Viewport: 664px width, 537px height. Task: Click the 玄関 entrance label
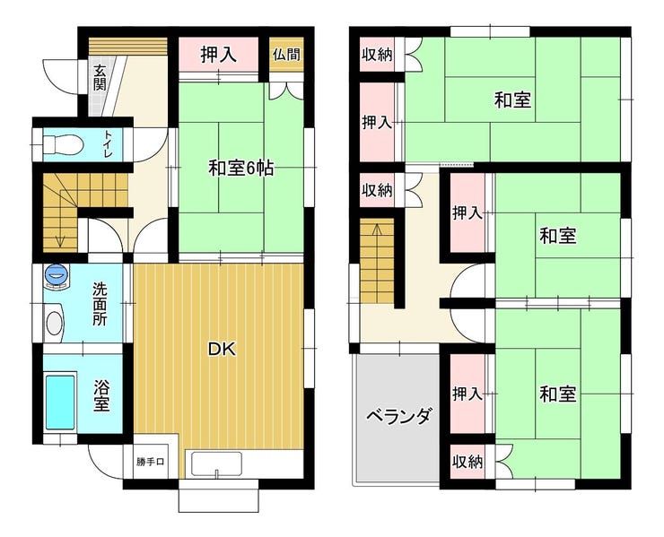point(100,78)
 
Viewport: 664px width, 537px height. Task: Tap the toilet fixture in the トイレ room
point(63,143)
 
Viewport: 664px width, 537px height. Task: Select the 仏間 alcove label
point(287,55)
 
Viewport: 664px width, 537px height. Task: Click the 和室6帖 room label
point(240,169)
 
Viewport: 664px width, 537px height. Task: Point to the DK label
point(222,349)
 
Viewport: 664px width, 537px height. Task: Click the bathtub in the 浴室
point(60,402)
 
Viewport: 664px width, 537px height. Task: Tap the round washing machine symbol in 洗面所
point(56,276)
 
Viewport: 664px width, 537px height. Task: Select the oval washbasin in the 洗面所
point(54,324)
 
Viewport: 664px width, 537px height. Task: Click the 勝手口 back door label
point(150,462)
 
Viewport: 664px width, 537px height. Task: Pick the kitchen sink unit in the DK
point(216,464)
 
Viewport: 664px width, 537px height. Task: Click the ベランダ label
point(400,416)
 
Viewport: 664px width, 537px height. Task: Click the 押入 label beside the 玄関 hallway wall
point(218,55)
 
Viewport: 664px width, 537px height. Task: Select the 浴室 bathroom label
point(101,396)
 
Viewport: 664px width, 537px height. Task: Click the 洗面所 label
point(100,304)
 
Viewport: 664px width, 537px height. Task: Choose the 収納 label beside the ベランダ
point(467,462)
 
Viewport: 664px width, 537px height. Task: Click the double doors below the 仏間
point(287,91)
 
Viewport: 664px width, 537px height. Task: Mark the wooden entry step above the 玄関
point(128,46)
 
